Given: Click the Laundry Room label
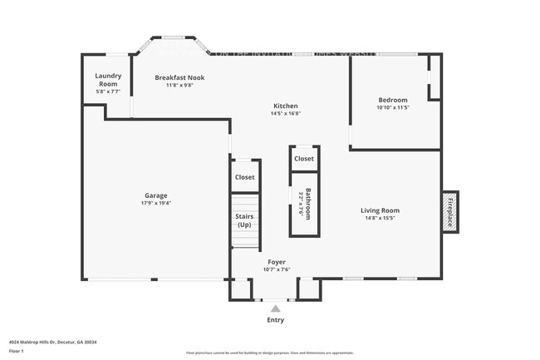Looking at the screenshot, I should click(108, 80).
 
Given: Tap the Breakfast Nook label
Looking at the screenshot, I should click(179, 77).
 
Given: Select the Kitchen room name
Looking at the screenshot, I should click(286, 106).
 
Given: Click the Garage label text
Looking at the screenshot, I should click(156, 195).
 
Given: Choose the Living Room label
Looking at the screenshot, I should click(380, 210).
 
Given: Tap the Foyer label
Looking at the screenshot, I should click(276, 261).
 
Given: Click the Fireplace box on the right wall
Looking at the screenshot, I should click(450, 211).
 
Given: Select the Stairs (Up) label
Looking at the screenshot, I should click(244, 220).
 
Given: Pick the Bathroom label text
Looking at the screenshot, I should click(307, 204).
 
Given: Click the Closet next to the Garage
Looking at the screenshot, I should click(244, 177).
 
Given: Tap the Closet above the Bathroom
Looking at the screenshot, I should click(303, 158).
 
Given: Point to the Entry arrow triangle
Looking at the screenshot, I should click(276, 308).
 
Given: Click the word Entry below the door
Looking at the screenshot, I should click(276, 319).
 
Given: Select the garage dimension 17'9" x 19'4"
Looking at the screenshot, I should click(156, 202).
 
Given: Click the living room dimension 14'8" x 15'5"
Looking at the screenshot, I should click(380, 218).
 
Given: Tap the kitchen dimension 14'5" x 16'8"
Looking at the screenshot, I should click(286, 113).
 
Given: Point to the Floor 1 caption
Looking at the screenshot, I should click(17, 351).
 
